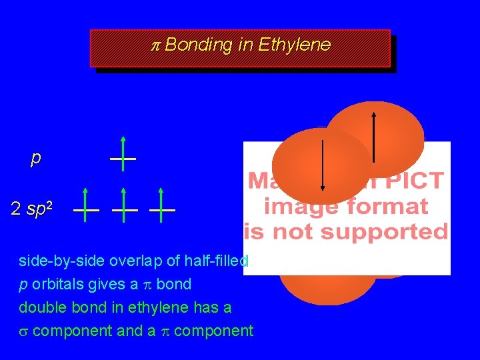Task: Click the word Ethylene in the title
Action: click(294, 45)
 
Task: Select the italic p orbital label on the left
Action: click(35, 158)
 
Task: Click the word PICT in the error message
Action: click(416, 181)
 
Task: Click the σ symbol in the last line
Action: click(23, 331)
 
